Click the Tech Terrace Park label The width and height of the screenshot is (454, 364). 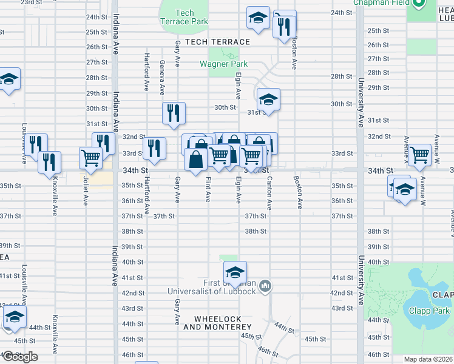tap(185, 17)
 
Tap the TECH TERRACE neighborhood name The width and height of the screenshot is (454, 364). tap(217, 42)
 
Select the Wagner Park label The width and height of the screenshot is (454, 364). tap(224, 64)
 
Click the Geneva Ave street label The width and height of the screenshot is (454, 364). tap(162, 77)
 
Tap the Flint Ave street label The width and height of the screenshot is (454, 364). tap(208, 190)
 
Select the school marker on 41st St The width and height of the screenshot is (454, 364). tap(235, 271)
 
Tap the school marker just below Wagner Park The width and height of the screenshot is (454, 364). tap(268, 98)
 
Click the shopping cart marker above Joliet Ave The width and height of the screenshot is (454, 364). tap(90, 158)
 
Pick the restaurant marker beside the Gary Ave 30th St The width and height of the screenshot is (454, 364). tap(174, 112)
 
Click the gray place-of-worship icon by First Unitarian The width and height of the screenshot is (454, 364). tap(265, 285)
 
